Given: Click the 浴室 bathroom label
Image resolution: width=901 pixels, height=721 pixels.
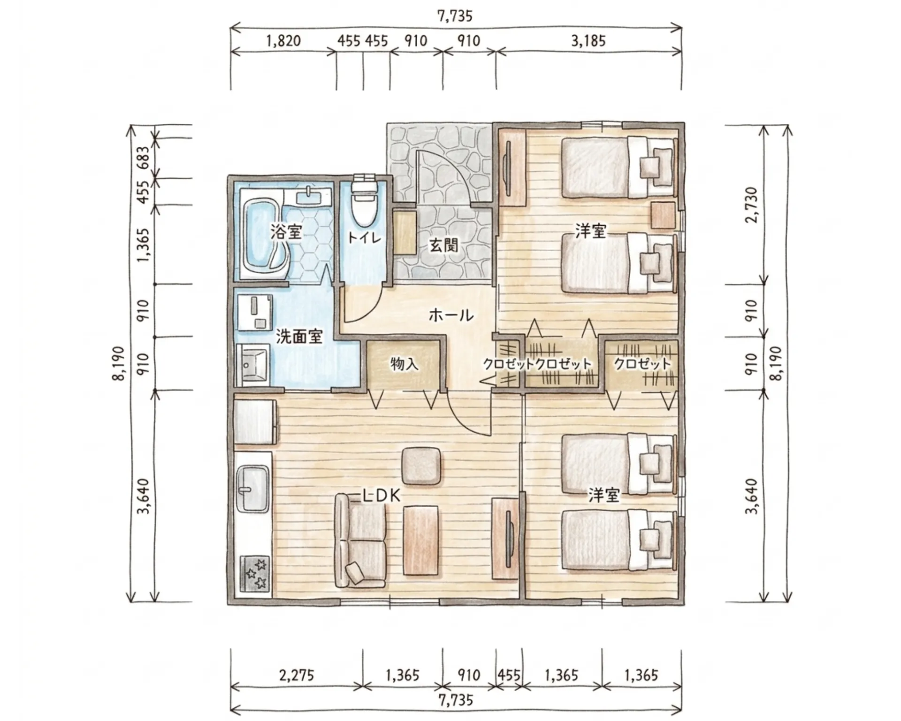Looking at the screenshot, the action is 286,231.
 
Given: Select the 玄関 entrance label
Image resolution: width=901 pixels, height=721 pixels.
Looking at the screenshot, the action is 443,245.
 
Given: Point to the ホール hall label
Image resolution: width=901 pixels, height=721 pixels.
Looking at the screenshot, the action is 451,315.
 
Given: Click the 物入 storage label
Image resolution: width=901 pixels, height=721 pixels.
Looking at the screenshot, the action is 404,364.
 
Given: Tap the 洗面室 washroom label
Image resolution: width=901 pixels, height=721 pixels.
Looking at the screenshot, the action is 299,336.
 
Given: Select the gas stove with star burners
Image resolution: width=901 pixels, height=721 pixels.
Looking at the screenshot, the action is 255,573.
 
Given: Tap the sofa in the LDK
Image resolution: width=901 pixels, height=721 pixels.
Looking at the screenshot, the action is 360,541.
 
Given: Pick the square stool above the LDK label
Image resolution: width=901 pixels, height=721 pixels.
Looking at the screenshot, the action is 422,466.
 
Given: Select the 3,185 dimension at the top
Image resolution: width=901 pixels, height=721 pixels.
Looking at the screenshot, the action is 588,41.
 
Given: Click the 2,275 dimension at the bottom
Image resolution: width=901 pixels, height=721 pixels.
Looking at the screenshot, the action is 296,676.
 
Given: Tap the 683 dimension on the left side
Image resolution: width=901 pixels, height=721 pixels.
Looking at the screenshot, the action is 144,158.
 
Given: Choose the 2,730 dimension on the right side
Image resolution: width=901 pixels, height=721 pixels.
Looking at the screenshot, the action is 751,205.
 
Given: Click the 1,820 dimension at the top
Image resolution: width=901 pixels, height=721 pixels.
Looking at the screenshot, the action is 283,41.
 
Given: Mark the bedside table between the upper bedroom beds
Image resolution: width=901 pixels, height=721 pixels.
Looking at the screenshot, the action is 663,215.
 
